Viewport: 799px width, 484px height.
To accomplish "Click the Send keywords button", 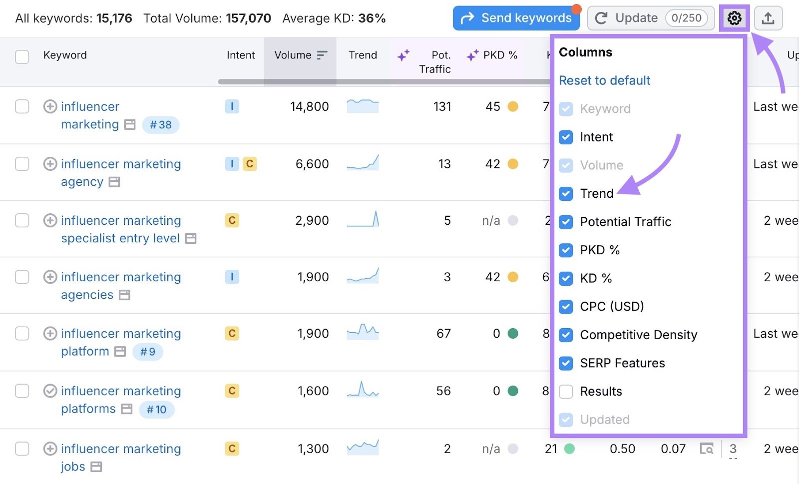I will (x=516, y=18).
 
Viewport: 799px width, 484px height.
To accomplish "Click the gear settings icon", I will (x=734, y=18).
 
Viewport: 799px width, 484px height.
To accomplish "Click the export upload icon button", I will (x=768, y=18).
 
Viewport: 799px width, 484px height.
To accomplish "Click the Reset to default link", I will (x=604, y=80).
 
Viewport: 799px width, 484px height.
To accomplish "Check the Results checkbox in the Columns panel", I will (x=566, y=392).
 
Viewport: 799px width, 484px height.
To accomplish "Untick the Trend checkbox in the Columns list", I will (x=566, y=194).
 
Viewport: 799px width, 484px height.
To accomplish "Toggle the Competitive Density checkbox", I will (x=566, y=335).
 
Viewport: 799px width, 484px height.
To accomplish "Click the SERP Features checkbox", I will (x=566, y=363).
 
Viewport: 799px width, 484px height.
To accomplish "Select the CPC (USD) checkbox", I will (x=566, y=307).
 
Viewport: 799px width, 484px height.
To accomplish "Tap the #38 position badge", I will (x=160, y=125).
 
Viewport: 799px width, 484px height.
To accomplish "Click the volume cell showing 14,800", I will (x=309, y=106).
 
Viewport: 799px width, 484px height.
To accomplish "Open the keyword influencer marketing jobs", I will (x=120, y=449).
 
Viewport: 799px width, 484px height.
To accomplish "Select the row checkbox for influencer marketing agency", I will (x=22, y=164).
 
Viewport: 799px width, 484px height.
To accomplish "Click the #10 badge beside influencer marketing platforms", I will (x=156, y=410).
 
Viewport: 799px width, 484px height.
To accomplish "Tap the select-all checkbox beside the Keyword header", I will (x=22, y=56).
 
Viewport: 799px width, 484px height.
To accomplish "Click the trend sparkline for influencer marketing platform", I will (x=363, y=332).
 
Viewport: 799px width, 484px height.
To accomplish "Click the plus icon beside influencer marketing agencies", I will (x=50, y=277).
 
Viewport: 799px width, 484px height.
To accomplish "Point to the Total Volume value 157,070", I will (x=248, y=18).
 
